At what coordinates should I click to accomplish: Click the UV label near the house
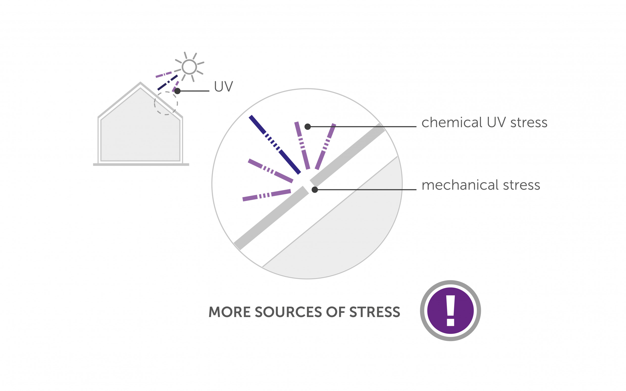(223, 86)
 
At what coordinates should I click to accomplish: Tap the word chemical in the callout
(452, 122)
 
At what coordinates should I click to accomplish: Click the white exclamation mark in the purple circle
(450, 310)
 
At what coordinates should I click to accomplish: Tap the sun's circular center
(189, 67)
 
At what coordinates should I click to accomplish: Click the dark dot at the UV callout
(177, 91)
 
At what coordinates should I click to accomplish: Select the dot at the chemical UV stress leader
(307, 127)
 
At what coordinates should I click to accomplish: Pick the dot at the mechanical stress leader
(315, 190)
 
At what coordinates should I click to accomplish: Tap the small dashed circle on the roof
(166, 103)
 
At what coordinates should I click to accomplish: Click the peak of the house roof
(140, 83)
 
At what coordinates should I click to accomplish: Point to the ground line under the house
(141, 164)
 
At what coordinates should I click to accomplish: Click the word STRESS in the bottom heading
(375, 312)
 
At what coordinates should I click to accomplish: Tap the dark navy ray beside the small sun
(168, 83)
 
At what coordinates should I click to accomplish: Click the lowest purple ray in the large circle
(267, 195)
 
